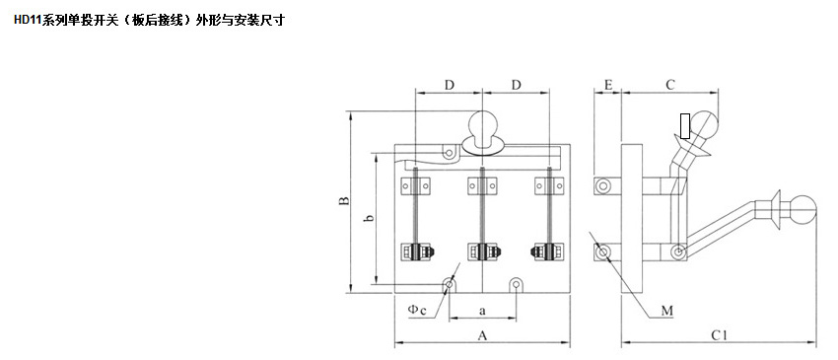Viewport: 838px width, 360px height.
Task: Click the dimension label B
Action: point(345,201)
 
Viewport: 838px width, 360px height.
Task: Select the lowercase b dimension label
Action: point(369,218)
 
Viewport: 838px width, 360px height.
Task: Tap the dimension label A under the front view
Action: point(482,335)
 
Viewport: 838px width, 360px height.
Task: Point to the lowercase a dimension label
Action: point(482,310)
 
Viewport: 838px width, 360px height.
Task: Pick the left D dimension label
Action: point(449,85)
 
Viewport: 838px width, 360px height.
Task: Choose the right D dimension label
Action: point(516,85)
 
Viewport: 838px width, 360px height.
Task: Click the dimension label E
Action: point(607,85)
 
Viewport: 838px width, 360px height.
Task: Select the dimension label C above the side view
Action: point(670,85)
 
